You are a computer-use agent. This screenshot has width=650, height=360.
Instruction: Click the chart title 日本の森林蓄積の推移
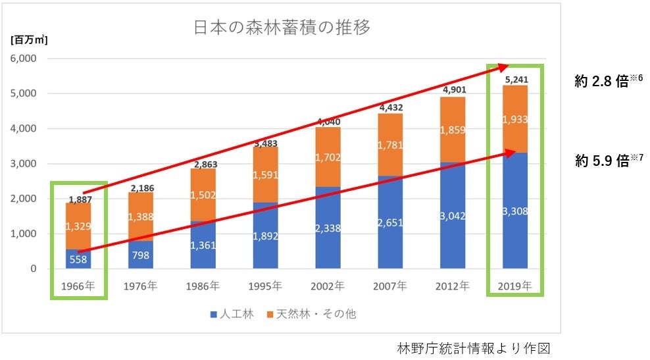pos(281,28)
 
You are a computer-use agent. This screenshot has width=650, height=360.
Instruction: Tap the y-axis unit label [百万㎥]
pos(29,39)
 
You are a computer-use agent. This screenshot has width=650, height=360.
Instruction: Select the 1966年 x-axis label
pos(78,287)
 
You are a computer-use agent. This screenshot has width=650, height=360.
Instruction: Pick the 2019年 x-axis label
pos(515,287)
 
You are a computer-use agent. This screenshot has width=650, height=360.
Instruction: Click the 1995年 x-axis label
pos(265,287)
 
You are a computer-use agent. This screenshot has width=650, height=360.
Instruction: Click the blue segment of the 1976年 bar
pos(141,255)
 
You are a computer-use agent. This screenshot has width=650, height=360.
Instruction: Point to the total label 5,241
pos(515,79)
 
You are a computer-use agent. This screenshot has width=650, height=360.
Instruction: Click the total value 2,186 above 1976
pos(141,188)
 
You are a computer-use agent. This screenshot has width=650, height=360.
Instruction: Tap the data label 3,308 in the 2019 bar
pos(515,211)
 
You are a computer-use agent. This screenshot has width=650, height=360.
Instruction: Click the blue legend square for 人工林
pos(213,315)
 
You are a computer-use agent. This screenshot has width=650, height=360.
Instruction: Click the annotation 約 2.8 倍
pos(602,82)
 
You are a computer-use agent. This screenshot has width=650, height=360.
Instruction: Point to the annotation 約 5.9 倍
pos(602,161)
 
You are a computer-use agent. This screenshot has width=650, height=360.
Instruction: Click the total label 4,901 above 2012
pos(453,90)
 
